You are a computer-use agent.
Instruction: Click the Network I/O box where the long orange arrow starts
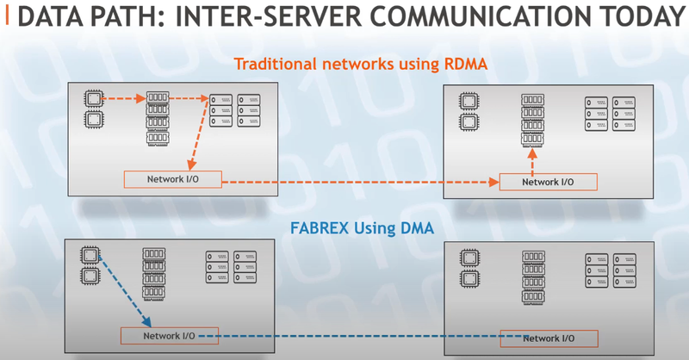pyautogui.click(x=172, y=179)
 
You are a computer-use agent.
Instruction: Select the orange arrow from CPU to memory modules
pyautogui.click(x=122, y=98)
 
